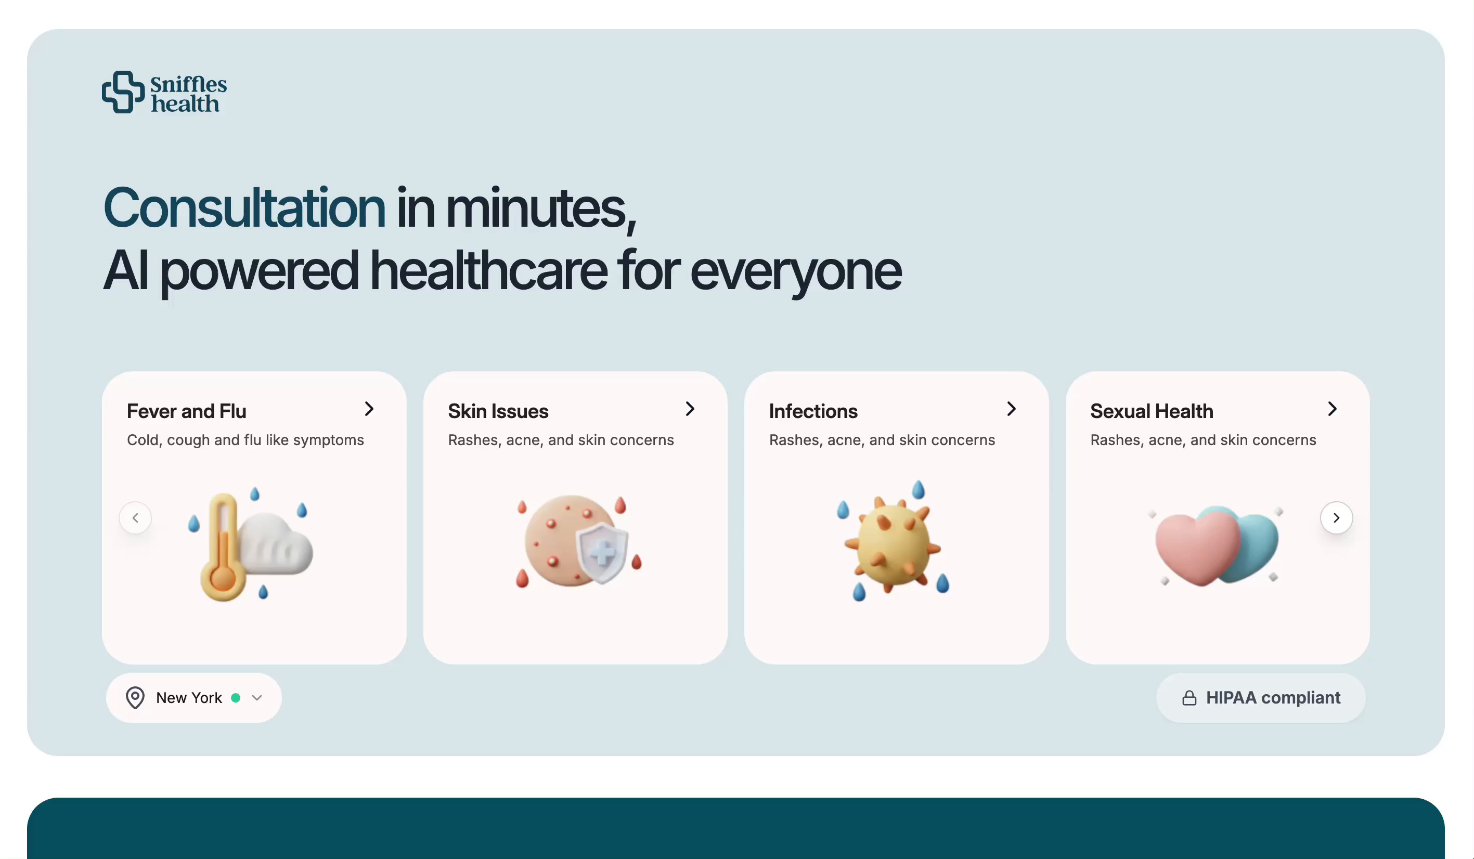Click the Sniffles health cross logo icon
123,93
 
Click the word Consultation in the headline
244,207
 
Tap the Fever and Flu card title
187,411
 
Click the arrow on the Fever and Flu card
369,409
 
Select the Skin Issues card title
498,411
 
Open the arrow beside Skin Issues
690,409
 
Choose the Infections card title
813,411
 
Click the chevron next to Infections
1011,409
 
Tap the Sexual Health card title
1152,411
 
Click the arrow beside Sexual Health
1333,409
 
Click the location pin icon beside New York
135,698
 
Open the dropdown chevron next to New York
257,698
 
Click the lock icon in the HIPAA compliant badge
1189,698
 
